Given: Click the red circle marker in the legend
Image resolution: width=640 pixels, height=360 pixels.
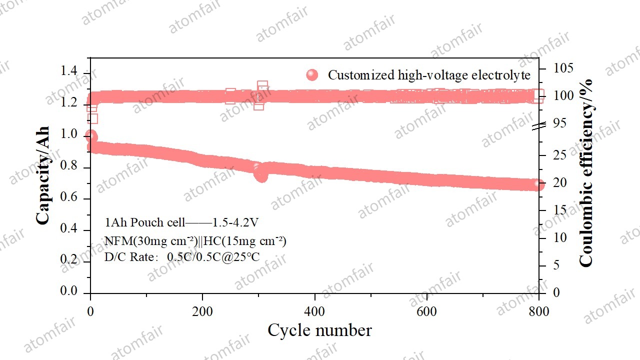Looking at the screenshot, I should pyautogui.click(x=312, y=75).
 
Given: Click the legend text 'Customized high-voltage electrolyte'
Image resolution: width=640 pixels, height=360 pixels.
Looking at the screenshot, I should pyautogui.click(x=429, y=75).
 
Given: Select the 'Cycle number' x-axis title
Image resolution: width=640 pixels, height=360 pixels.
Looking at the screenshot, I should pyautogui.click(x=319, y=330).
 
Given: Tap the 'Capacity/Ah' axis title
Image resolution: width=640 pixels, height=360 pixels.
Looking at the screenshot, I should pyautogui.click(x=43, y=175).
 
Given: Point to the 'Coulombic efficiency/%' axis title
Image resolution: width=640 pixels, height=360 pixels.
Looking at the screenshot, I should pyautogui.click(x=585, y=172).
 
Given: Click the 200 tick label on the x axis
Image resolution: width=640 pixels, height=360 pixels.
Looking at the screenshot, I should pyautogui.click(x=202, y=312).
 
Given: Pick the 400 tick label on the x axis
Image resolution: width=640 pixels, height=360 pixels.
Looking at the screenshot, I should pyautogui.click(x=314, y=312).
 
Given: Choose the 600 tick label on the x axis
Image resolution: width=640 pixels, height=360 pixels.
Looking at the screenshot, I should pyautogui.click(x=426, y=312).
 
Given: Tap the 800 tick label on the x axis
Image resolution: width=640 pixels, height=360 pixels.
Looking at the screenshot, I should pyautogui.click(x=538, y=312).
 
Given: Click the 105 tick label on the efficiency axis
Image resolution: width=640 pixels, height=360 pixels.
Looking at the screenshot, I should pyautogui.click(x=563, y=68).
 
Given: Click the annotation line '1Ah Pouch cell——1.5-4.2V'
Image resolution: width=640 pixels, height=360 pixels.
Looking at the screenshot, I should pyautogui.click(x=181, y=222).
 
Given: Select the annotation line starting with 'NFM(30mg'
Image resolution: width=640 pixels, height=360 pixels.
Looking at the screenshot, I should pyautogui.click(x=195, y=241).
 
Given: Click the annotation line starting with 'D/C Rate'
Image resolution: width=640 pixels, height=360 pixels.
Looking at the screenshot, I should pyautogui.click(x=182, y=257).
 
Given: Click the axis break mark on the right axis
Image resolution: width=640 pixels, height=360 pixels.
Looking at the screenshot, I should pyautogui.click(x=539, y=126).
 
